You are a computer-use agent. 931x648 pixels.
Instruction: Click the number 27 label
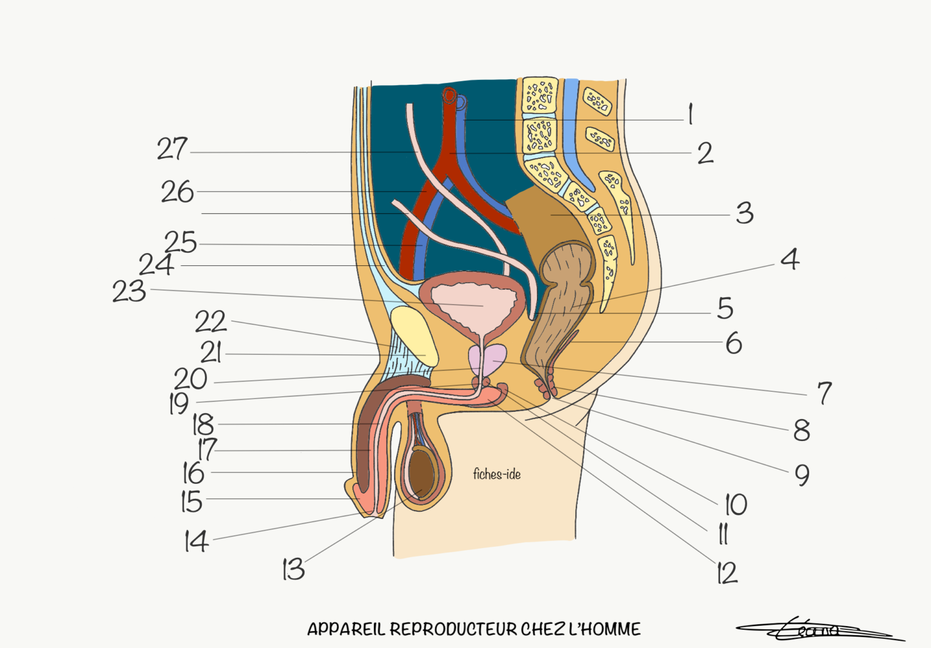(173, 149)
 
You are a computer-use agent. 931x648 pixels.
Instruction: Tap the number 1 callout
(690, 114)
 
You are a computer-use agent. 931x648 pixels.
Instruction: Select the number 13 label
(293, 569)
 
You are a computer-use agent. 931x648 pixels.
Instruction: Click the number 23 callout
(130, 291)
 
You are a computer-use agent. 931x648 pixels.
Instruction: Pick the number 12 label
(727, 573)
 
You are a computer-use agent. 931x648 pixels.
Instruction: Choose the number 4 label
(790, 259)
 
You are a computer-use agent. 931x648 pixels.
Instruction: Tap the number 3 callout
(745, 213)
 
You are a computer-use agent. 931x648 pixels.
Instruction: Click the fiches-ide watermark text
(496, 474)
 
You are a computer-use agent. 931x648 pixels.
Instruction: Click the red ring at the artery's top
(449, 95)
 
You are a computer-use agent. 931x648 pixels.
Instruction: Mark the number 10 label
(736, 504)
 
